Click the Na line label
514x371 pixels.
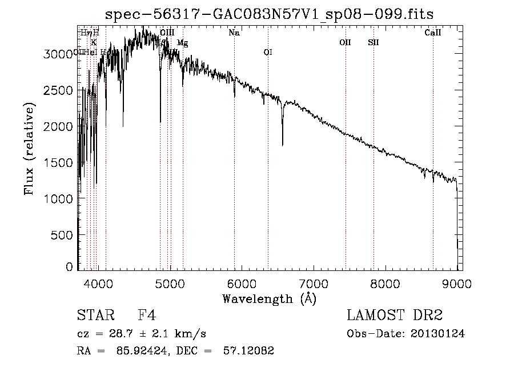[x=234, y=33]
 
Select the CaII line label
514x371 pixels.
[x=433, y=33]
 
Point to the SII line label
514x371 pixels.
[x=374, y=42]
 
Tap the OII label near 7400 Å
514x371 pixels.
[x=345, y=42]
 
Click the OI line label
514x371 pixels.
[x=268, y=53]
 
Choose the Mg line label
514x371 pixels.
[x=182, y=42]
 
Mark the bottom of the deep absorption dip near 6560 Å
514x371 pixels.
[x=283, y=145]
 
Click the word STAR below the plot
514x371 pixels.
[x=95, y=316]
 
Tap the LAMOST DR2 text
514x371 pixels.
[x=395, y=316]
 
